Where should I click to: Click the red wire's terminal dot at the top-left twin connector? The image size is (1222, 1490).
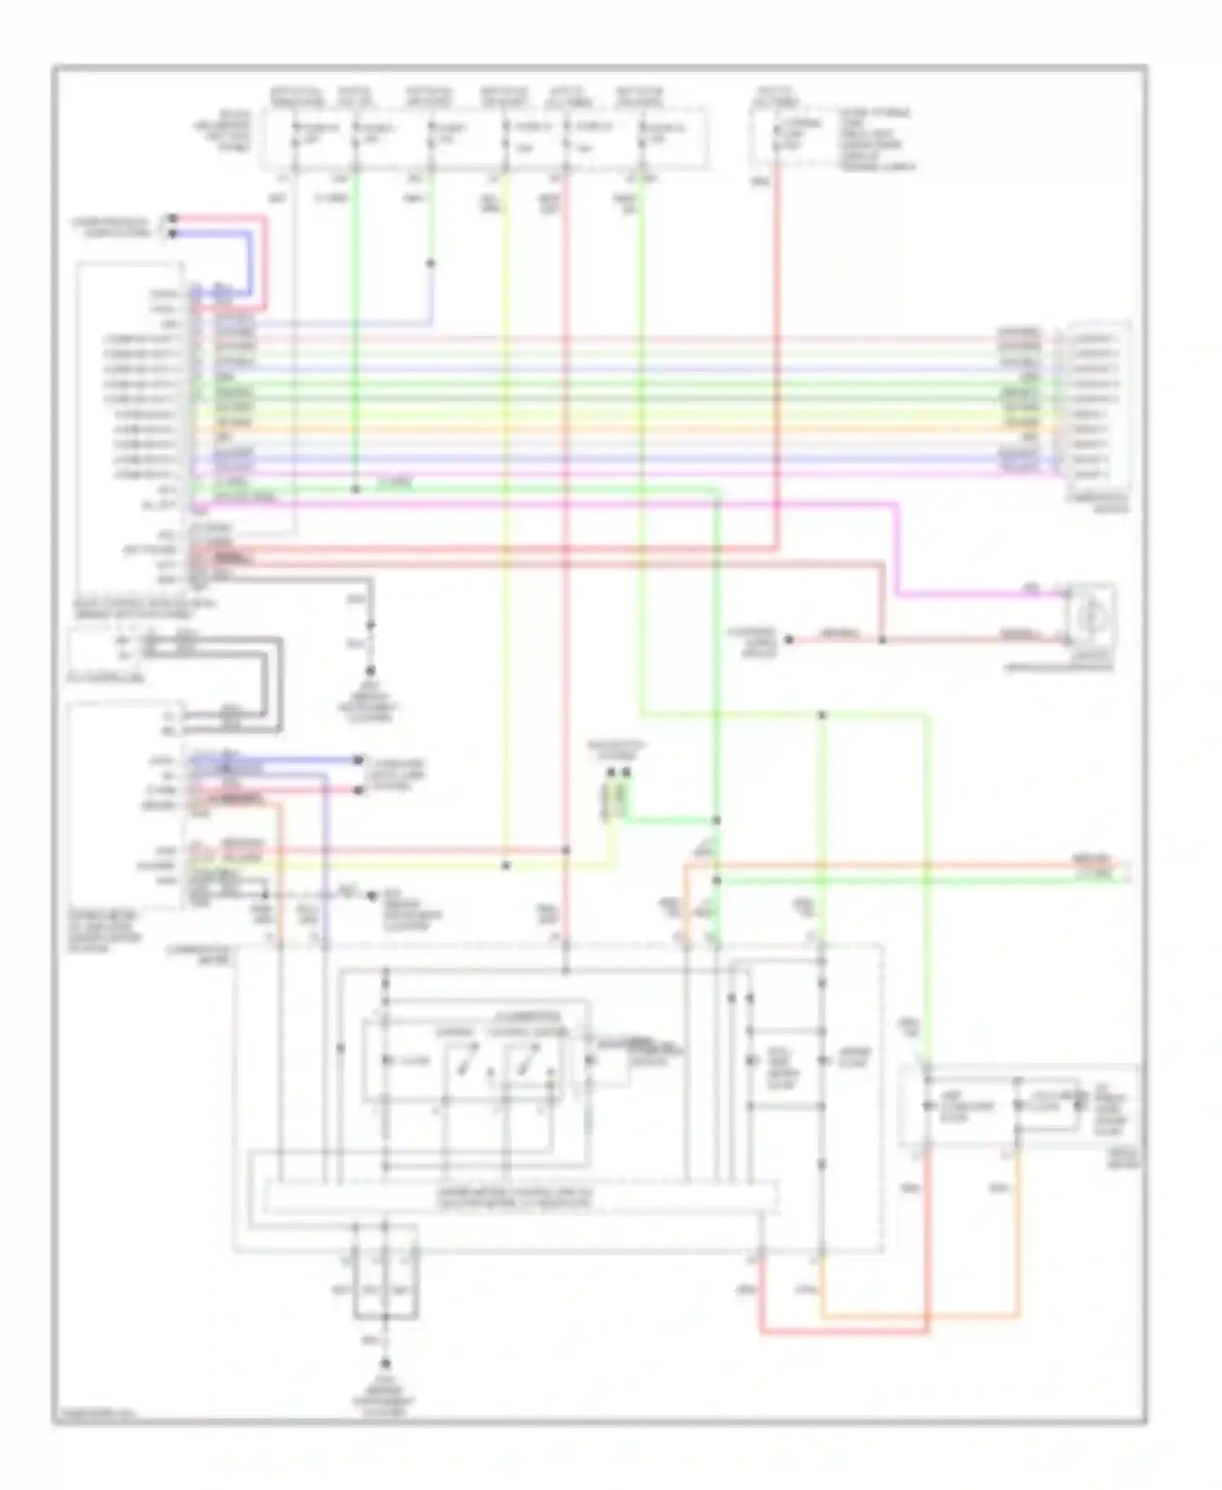tap(173, 218)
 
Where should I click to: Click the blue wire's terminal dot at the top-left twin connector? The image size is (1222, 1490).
tap(173, 233)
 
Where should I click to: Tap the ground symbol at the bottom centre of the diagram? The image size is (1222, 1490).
tap(385, 1363)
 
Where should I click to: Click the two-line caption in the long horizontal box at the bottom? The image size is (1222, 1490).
tap(517, 1197)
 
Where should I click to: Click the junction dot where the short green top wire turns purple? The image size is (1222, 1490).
tap(431, 264)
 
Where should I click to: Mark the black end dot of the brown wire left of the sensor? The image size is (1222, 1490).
tap(789, 640)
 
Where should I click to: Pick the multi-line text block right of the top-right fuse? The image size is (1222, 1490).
tap(877, 139)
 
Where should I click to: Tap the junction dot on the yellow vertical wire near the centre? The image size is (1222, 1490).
tap(506, 865)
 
